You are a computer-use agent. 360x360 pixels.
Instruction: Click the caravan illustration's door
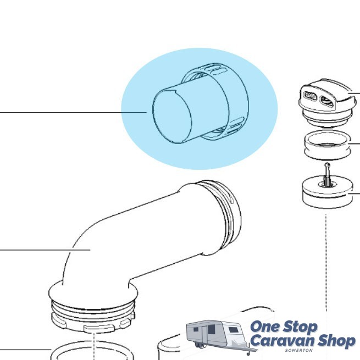tap(204, 335)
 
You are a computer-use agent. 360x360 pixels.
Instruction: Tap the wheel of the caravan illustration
tap(197, 344)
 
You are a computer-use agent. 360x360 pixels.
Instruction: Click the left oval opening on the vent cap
tap(310, 96)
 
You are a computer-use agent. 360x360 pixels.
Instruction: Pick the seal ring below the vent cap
tap(327, 145)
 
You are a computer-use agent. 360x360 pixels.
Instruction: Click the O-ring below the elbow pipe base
tap(92, 351)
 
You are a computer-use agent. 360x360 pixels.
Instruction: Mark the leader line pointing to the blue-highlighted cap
tap(73, 112)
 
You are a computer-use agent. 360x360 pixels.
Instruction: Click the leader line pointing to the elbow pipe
tap(45, 250)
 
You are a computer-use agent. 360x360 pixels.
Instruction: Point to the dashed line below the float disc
tap(326, 263)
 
